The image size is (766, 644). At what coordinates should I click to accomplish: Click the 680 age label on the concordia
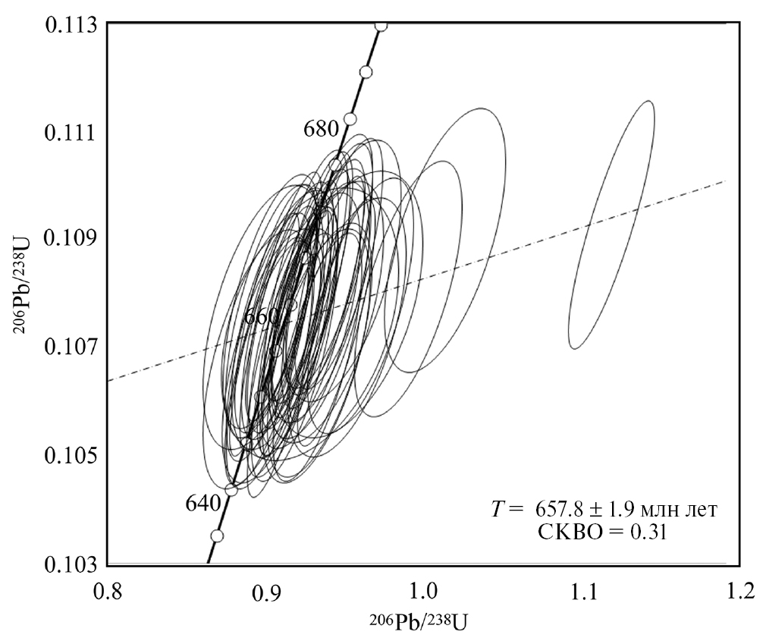321,128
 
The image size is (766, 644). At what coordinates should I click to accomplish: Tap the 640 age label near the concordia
202,503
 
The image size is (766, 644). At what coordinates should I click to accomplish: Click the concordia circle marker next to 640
231,489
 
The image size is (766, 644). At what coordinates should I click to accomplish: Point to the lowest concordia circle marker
217,536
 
